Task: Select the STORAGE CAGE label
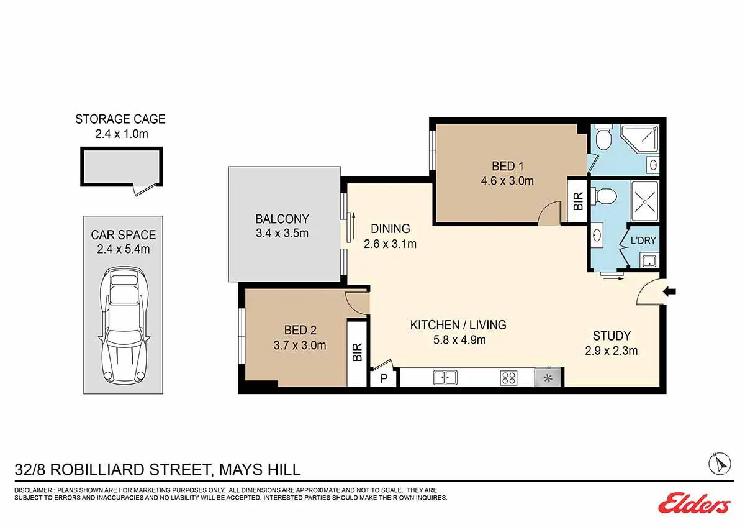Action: pyautogui.click(x=120, y=119)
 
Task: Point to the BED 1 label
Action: pyautogui.click(x=508, y=166)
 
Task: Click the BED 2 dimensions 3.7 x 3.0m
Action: pyautogui.click(x=300, y=346)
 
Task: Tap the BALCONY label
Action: pyautogui.click(x=282, y=219)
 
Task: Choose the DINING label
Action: pyautogui.click(x=390, y=229)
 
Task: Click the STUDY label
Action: pyautogui.click(x=612, y=336)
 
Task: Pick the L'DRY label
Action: pyautogui.click(x=643, y=240)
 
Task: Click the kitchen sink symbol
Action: pyautogui.click(x=445, y=377)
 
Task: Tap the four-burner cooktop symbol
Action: pyautogui.click(x=508, y=378)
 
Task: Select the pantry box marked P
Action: pyautogui.click(x=384, y=378)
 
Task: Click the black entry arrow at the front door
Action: pyautogui.click(x=669, y=291)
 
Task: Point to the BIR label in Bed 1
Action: pyautogui.click(x=579, y=201)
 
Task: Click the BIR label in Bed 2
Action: pyautogui.click(x=357, y=352)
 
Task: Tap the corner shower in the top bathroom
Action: pyautogui.click(x=640, y=139)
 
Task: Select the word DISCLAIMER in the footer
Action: pyautogui.click(x=34, y=490)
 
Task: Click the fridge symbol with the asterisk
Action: pyautogui.click(x=548, y=377)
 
